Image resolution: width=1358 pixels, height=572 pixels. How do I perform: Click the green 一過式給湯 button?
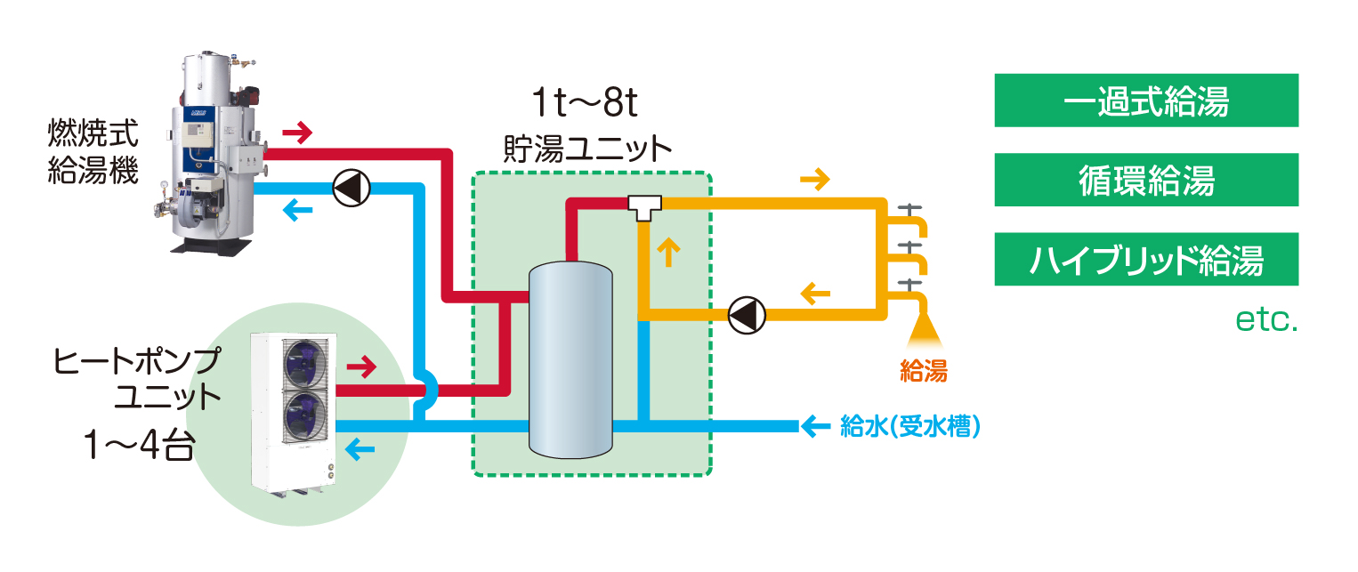(1146, 101)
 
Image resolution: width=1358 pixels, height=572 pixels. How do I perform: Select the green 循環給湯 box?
(1146, 181)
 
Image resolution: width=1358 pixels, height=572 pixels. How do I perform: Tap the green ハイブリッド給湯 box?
(1146, 260)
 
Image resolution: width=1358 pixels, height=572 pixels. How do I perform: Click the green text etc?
(1267, 320)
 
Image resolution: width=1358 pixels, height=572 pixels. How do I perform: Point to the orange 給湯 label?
(923, 371)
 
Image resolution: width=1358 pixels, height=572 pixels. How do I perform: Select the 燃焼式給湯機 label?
(93, 153)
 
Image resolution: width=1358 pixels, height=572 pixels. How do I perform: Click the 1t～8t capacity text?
(586, 106)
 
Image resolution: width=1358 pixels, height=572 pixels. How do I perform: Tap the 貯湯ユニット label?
(586, 148)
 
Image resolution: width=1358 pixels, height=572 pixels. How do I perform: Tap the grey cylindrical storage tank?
(570, 360)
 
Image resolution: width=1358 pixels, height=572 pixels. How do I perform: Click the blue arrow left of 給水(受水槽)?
(815, 427)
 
